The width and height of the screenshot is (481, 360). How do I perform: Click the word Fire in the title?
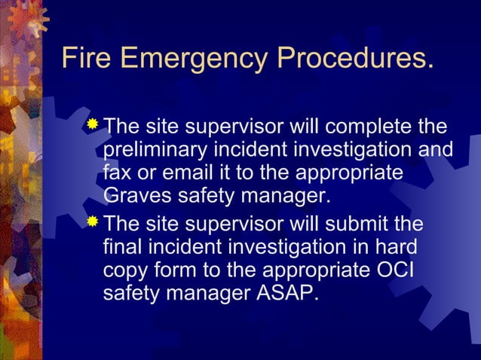(x=84, y=57)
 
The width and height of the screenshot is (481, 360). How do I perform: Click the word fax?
(x=116, y=173)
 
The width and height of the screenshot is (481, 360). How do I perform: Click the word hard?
(x=392, y=247)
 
